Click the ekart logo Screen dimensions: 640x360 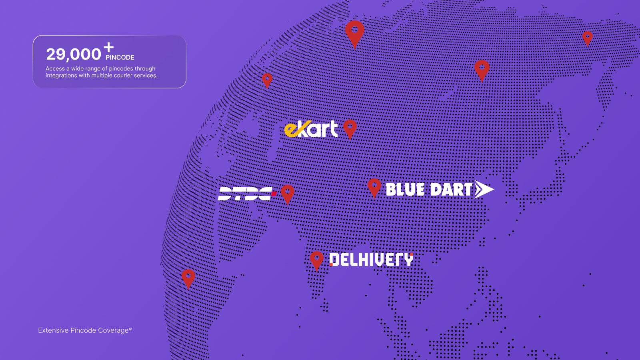tap(311, 129)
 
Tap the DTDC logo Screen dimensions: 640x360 tap(247, 194)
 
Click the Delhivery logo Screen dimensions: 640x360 tap(371, 260)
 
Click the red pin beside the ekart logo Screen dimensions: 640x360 tap(350, 129)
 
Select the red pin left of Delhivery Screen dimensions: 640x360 tap(316, 260)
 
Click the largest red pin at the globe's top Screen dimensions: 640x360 tap(354, 34)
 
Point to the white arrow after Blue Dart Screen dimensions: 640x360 tap(484, 189)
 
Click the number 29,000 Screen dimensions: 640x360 tap(74, 54)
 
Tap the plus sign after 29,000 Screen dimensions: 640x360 tap(108, 47)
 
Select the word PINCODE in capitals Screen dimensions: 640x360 tap(120, 58)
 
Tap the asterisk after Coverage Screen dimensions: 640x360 tap(130, 329)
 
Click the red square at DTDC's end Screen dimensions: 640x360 tap(274, 194)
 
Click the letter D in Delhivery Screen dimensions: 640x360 tap(334, 260)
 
